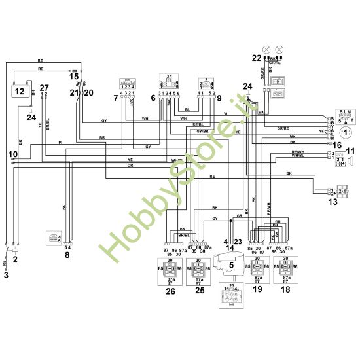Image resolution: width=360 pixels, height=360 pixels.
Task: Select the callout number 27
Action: coord(44,88)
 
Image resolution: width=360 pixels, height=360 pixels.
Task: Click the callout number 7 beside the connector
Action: coord(116,98)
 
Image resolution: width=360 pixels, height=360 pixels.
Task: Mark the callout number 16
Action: coord(338,145)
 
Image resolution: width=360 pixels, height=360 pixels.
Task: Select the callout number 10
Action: coord(12,154)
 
